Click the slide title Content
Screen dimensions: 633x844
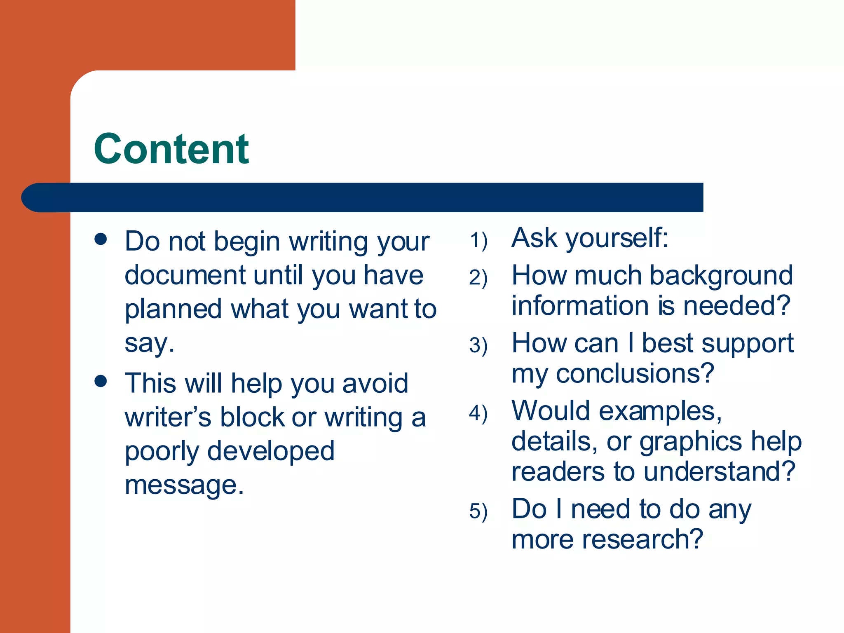pyautogui.click(x=171, y=149)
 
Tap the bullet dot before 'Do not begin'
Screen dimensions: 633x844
pyautogui.click(x=101, y=239)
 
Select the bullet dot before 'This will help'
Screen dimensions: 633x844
pyautogui.click(x=101, y=381)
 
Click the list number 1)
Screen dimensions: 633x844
pyautogui.click(x=478, y=240)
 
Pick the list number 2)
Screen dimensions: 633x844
pyautogui.click(x=478, y=277)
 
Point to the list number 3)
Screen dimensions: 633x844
pyautogui.click(x=478, y=345)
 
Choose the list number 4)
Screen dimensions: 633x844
pyautogui.click(x=478, y=413)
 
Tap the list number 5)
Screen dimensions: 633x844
pyautogui.click(x=478, y=511)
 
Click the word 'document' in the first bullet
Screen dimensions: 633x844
pyautogui.click(x=185, y=275)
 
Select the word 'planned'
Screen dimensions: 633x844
pyautogui.click(x=173, y=310)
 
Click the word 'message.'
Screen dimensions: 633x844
pyautogui.click(x=184, y=485)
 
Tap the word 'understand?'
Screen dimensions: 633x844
pyautogui.click(x=719, y=471)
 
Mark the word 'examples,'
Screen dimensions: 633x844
pyautogui.click(x=660, y=411)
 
